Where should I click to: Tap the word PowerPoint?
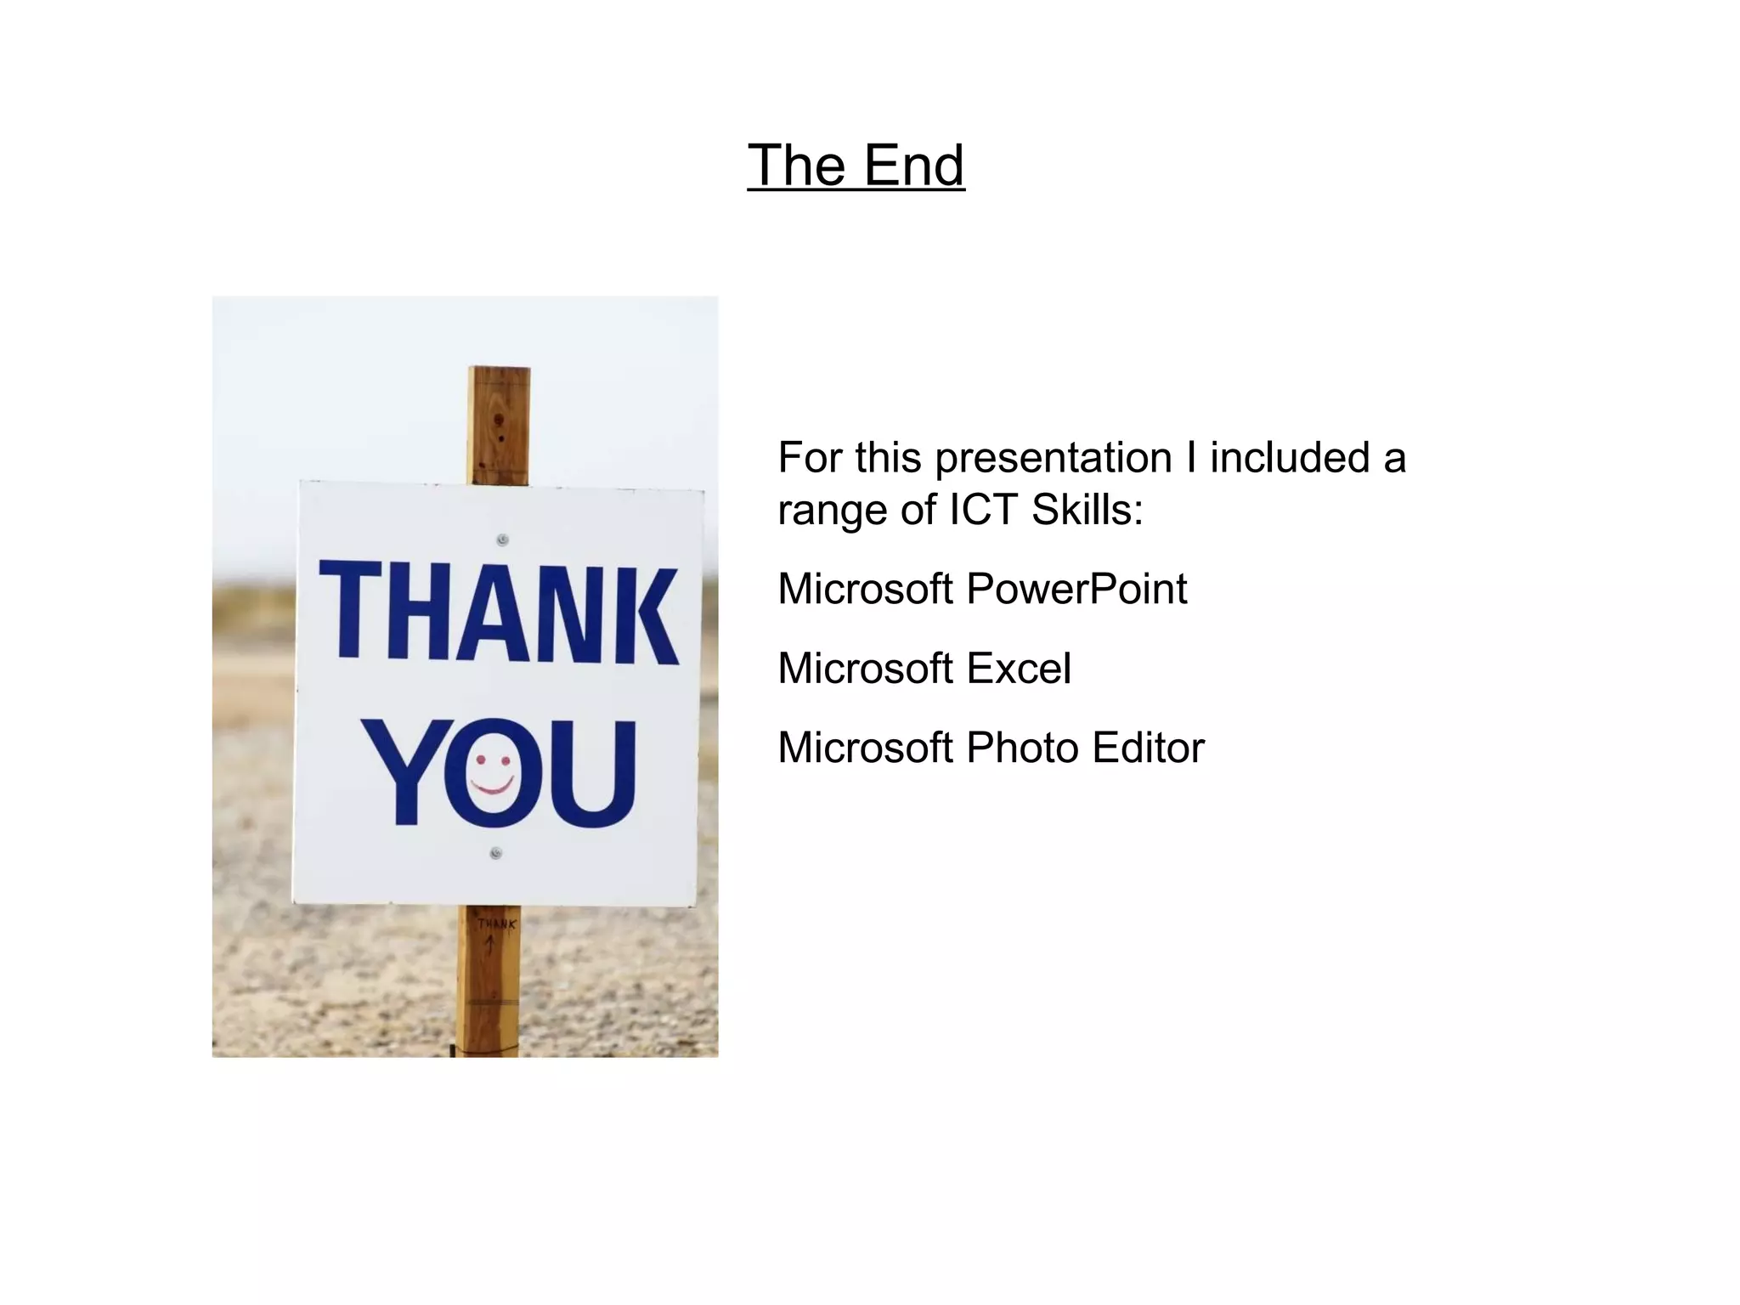click(1076, 589)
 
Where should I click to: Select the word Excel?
click(1019, 669)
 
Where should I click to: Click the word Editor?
click(1149, 748)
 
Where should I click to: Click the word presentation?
click(1054, 459)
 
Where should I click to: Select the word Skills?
click(1087, 510)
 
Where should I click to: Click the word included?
click(1290, 457)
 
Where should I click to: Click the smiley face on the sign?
click(494, 773)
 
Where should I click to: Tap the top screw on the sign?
click(502, 540)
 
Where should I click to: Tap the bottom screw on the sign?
click(496, 853)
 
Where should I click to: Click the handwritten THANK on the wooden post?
click(496, 924)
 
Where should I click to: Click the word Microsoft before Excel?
click(865, 669)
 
